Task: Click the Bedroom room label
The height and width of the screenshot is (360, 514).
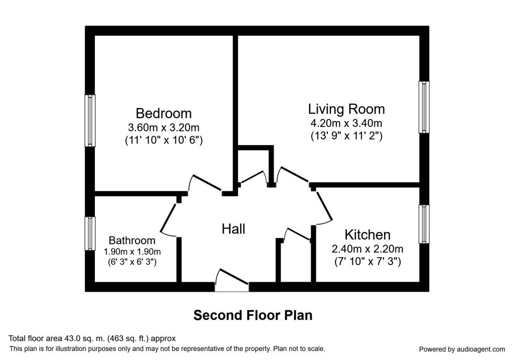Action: (164, 113)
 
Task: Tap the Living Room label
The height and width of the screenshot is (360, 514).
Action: (346, 109)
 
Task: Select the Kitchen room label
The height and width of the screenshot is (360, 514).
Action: (367, 235)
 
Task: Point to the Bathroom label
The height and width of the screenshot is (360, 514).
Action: (132, 241)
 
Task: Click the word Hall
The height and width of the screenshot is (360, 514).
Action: (233, 229)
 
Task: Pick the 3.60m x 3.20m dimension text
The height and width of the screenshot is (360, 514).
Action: (164, 127)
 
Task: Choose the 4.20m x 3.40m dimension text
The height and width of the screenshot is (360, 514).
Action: (346, 124)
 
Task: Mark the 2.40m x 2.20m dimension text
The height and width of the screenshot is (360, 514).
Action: (367, 249)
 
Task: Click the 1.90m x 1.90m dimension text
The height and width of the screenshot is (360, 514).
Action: (132, 252)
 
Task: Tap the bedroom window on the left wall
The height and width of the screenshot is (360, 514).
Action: (90, 121)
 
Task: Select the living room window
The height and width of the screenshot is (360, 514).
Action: (424, 107)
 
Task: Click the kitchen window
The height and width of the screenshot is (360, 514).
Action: (424, 224)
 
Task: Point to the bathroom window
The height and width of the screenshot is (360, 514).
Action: (90, 233)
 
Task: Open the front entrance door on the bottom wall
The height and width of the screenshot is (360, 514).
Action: (232, 281)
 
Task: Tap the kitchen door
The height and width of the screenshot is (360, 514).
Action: (324, 206)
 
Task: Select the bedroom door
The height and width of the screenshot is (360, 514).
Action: (205, 183)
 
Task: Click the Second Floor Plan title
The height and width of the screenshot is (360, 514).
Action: (253, 315)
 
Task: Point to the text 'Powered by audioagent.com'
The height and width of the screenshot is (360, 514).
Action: (462, 349)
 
